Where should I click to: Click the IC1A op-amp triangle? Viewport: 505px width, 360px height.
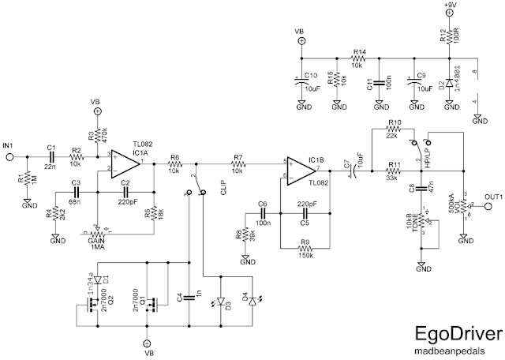[x=123, y=163]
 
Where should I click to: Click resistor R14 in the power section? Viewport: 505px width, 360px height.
[x=359, y=58]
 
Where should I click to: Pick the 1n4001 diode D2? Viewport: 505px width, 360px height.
[x=451, y=83]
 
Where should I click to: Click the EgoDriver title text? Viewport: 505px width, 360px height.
[x=444, y=332]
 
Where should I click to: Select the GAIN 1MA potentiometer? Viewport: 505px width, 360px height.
[x=99, y=234]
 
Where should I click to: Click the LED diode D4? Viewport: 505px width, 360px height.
[x=252, y=301]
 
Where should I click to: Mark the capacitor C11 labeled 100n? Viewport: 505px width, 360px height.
[x=379, y=82]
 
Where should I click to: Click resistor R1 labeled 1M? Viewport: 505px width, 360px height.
[x=27, y=179]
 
